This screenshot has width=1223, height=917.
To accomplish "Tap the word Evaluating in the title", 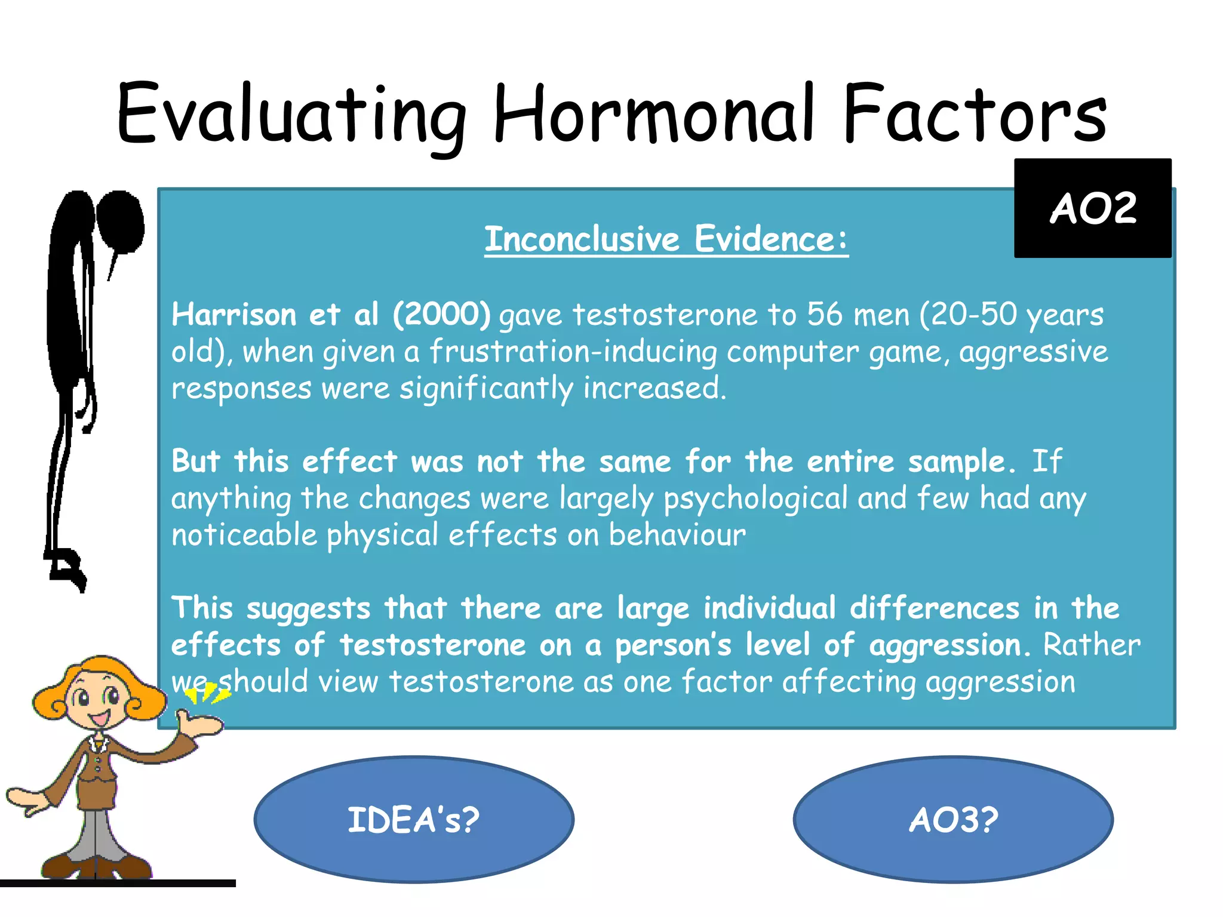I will pyautogui.click(x=291, y=115).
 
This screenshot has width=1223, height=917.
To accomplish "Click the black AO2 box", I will pyautogui.click(x=1092, y=208).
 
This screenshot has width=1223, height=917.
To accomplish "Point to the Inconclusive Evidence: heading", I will pyautogui.click(x=666, y=239).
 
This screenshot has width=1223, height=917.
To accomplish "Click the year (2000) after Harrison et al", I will pyautogui.click(x=441, y=314).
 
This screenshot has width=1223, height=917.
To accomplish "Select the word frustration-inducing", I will pyautogui.click(x=573, y=352).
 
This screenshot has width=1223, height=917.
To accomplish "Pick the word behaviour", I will pyautogui.click(x=677, y=535).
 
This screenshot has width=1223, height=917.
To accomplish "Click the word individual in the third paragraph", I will pyautogui.click(x=769, y=608).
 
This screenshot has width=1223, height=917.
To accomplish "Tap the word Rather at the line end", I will pyautogui.click(x=1091, y=645).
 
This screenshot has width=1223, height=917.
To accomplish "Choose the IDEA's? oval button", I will pyautogui.click(x=414, y=820).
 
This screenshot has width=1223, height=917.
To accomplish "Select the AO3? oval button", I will pyautogui.click(x=953, y=820).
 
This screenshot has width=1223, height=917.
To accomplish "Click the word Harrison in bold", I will pyautogui.click(x=233, y=314).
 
